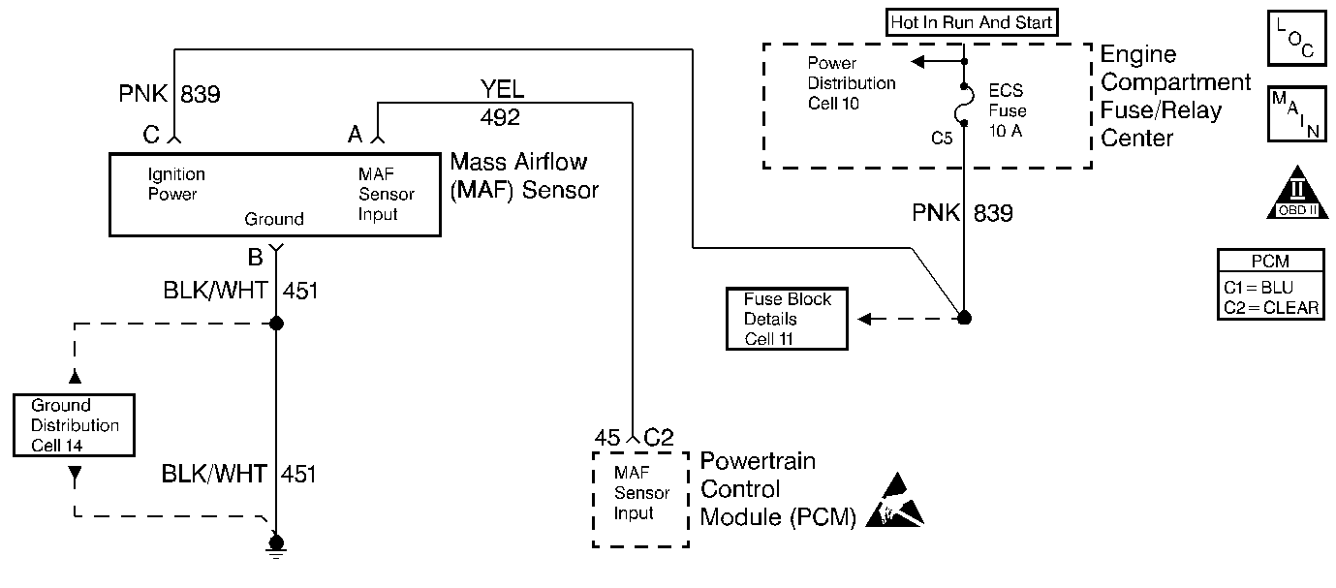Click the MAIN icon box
pos(1296,114)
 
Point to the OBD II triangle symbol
pos(1296,195)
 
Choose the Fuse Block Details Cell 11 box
pos(787,319)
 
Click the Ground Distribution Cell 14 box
pos(74,425)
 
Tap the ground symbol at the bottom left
pos(276,547)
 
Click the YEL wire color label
pos(502,91)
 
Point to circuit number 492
pos(500,118)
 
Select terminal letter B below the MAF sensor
pos(256,259)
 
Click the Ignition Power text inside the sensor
pos(176,184)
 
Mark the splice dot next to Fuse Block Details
pos(964,318)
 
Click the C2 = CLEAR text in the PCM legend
pos(1271,307)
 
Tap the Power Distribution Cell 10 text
pos(851,82)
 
